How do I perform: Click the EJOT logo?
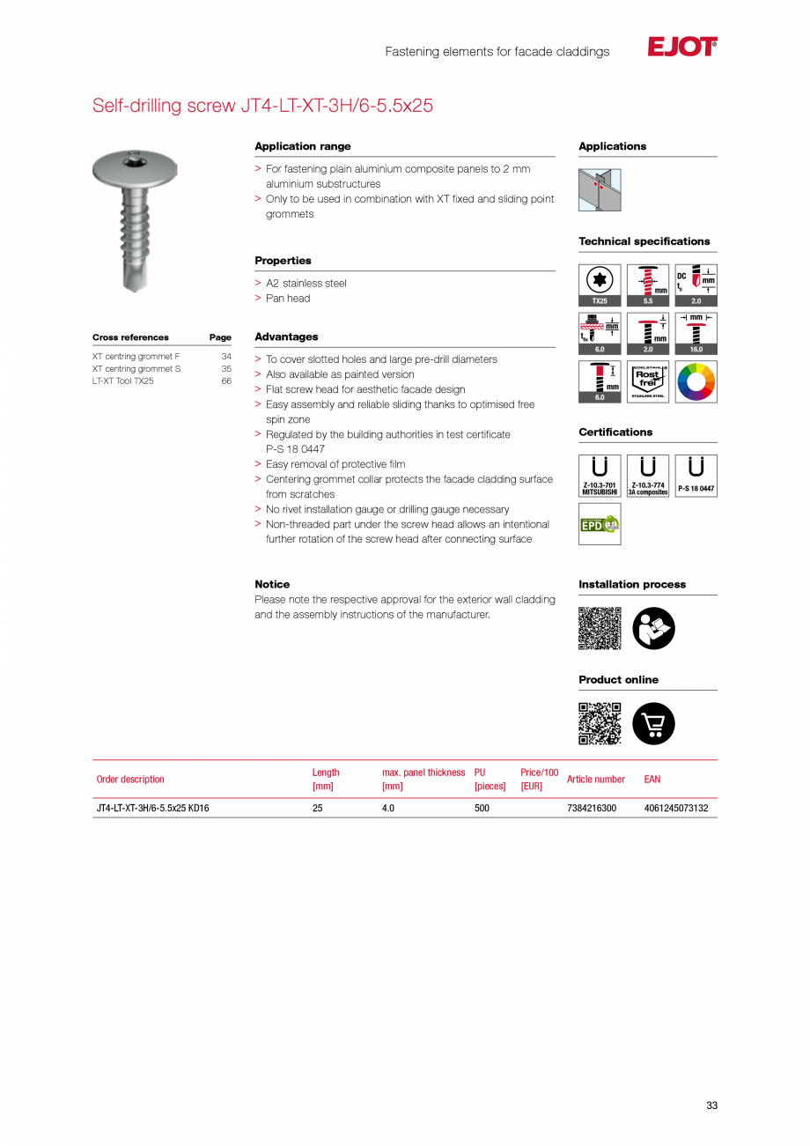tap(682, 48)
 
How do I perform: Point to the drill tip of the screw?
tap(130, 282)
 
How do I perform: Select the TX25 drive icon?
tap(600, 285)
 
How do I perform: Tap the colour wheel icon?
tap(696, 381)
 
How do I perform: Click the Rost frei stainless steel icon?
tap(647, 381)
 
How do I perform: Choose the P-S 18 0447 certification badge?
tap(696, 476)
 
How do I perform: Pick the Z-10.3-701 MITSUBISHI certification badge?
tap(600, 476)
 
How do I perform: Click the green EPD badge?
tap(600, 524)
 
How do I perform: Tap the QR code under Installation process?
tap(600, 628)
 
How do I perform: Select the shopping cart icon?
tap(653, 724)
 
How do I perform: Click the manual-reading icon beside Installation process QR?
tap(653, 628)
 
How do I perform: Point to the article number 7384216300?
tap(592, 808)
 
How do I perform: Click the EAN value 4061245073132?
tap(676, 808)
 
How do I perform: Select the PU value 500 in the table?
tap(482, 808)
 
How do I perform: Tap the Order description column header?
tap(130, 780)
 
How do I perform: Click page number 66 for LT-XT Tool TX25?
tap(226, 381)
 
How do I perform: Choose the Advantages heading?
tap(286, 337)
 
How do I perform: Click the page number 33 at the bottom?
tap(711, 1105)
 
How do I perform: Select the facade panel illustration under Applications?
tap(600, 189)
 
